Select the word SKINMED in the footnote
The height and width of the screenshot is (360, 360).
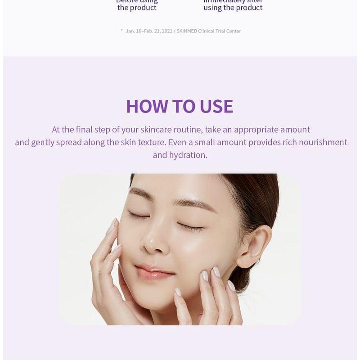186,31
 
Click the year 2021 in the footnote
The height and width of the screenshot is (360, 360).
167,31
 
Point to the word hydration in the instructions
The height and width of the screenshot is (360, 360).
188,155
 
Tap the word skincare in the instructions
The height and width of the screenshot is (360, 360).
157,130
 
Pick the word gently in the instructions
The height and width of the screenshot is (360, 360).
43,142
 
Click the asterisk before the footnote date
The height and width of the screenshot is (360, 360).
121,30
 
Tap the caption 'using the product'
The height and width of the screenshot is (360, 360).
233,8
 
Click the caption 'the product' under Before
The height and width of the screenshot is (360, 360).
137,8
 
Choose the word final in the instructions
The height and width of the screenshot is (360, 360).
84,130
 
